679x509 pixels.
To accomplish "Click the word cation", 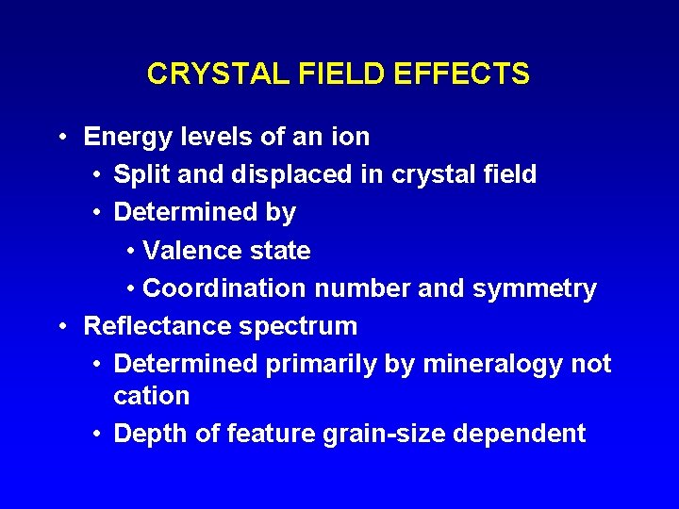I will (x=151, y=396).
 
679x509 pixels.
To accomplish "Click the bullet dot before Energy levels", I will (x=61, y=138).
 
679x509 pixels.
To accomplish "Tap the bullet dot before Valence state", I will (x=130, y=252).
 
